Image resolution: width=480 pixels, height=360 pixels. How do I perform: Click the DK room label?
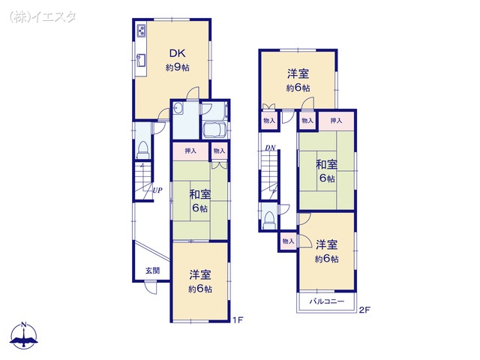(x=177, y=53)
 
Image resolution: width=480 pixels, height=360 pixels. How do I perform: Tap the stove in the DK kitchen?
(x=141, y=31)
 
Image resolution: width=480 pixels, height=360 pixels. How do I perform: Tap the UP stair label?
(x=157, y=190)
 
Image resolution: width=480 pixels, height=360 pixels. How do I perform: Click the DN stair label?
(x=269, y=148)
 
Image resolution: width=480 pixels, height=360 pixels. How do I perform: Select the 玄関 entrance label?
(x=151, y=270)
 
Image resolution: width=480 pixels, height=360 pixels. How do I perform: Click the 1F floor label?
(x=236, y=320)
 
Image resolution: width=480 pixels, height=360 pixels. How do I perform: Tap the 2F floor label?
(x=364, y=310)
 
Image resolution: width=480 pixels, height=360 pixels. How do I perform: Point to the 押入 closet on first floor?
(x=190, y=151)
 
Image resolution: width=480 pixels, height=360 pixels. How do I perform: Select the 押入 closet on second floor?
(x=336, y=120)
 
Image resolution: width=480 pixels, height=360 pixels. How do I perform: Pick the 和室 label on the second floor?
(x=325, y=165)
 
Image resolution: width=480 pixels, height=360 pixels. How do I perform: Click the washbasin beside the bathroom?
(x=178, y=109)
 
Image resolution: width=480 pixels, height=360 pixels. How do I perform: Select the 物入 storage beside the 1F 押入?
(x=218, y=151)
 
